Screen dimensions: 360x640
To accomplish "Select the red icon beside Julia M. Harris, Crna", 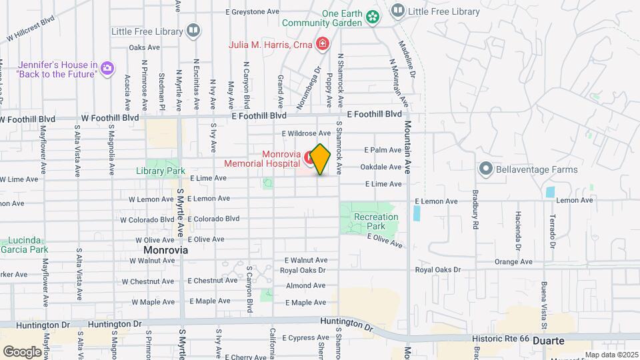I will pos(323,45).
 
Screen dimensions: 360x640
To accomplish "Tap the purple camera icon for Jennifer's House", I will pos(107,68).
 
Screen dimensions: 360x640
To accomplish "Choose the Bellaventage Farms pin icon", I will pos(485,169).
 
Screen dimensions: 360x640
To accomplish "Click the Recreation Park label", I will pos(375,221).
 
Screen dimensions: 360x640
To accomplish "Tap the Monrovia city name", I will pos(165,250).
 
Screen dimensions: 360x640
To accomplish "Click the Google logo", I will pos(22,351).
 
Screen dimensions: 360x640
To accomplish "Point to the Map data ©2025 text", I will pos(611,355).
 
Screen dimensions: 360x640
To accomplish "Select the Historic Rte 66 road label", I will pos(500,339).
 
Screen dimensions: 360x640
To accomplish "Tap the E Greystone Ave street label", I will pos(252,12).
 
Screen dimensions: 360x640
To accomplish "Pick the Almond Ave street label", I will pos(305,285).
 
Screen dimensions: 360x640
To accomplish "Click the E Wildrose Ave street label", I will pos(306,133).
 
